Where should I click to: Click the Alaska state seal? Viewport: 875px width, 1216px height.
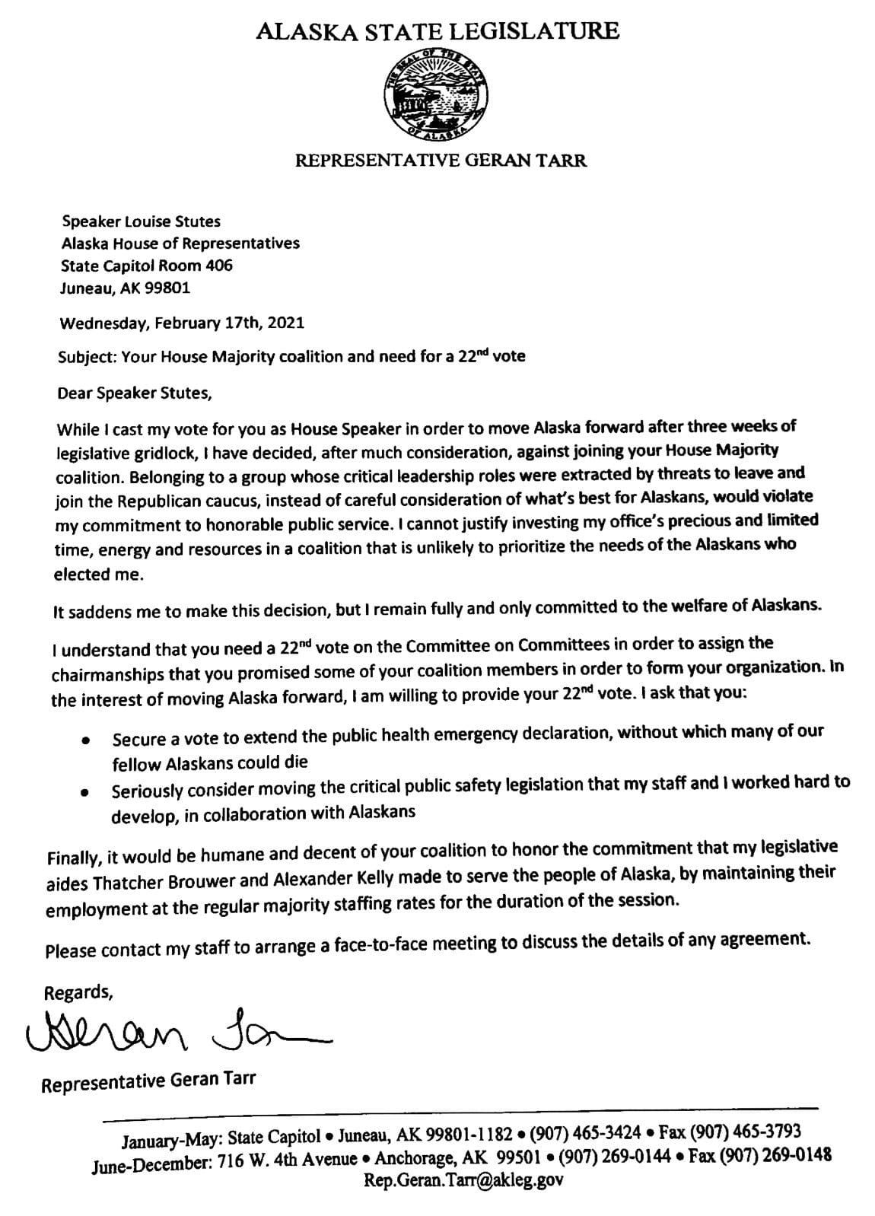(x=436, y=96)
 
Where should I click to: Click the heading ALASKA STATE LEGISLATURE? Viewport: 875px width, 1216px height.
(x=437, y=31)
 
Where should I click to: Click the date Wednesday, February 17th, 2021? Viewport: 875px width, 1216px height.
(x=182, y=322)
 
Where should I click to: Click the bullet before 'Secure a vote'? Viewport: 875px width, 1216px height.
(x=87, y=739)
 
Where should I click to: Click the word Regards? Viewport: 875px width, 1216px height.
(x=79, y=993)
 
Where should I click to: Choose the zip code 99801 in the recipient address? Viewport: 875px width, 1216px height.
(x=170, y=288)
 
